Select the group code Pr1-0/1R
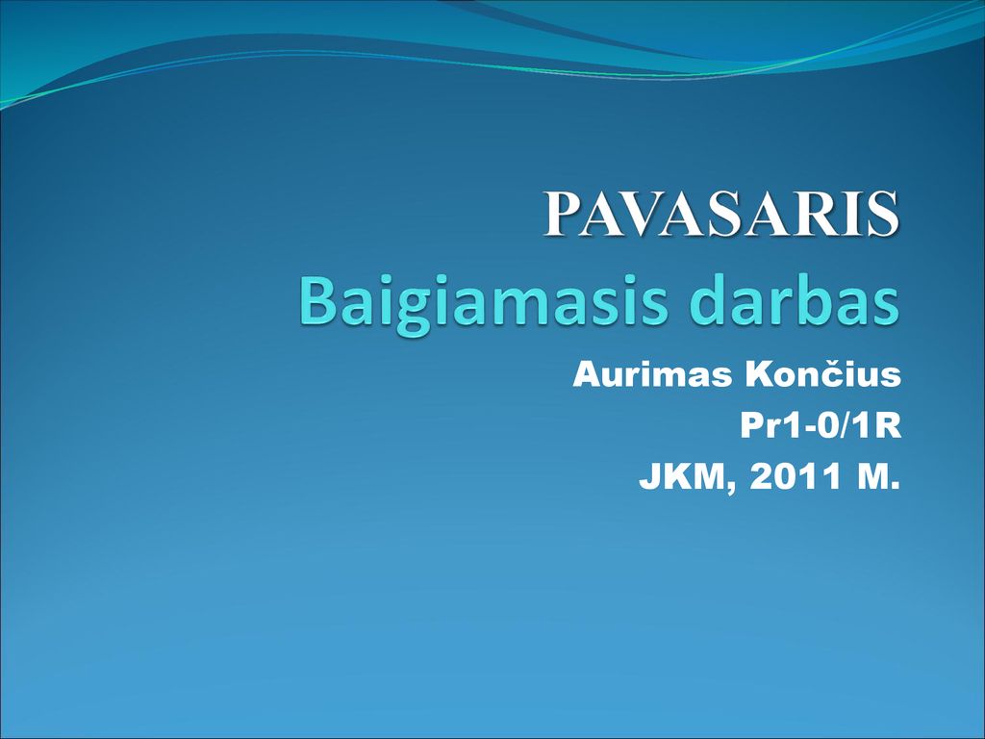pos(821,425)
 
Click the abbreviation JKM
pos(682,476)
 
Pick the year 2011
pos(796,476)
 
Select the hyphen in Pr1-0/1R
pos(805,429)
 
